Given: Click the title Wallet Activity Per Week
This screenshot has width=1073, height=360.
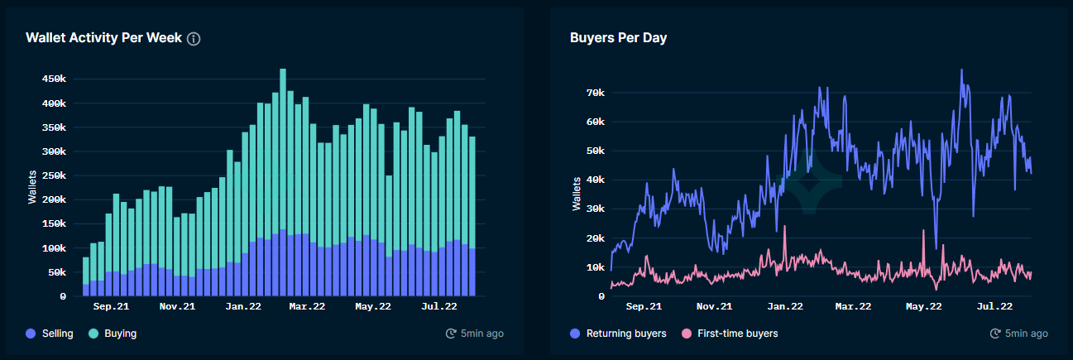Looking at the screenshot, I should [103, 38].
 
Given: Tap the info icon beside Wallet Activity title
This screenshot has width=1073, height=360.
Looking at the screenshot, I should [194, 39].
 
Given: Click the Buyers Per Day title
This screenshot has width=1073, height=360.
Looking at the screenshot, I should [618, 38].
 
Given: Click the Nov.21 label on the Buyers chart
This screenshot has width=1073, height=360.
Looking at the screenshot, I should [714, 306].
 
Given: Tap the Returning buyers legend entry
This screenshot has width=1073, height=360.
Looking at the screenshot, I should [617, 334].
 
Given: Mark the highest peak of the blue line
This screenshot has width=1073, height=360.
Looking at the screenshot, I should [961, 70].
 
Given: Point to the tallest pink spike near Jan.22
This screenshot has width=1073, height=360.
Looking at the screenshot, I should [784, 228].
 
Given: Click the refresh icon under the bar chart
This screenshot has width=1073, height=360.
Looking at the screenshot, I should [451, 334].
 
